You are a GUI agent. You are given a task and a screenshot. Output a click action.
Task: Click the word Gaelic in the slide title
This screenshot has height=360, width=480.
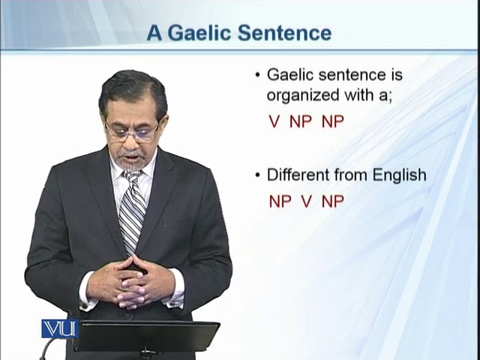tap(199, 33)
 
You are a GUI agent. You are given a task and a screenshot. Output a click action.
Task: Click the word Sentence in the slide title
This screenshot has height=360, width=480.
tap(284, 33)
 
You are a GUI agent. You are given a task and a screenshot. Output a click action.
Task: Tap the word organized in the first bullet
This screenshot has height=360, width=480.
tap(303, 96)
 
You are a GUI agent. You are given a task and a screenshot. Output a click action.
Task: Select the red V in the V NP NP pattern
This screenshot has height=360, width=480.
tap(274, 121)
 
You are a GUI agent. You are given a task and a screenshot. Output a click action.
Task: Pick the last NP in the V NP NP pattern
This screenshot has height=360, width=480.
tap(333, 121)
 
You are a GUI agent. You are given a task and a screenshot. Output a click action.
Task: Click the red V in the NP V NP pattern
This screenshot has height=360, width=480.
tap(307, 202)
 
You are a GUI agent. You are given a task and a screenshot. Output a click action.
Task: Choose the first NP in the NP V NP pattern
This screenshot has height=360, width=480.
tap(280, 202)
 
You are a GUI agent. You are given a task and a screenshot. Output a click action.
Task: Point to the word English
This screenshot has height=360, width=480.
tap(400, 175)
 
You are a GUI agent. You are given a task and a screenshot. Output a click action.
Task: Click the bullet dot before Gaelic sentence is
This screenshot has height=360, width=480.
tap(257, 75)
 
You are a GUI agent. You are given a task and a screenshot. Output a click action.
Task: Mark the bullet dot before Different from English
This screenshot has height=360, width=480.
tap(257, 175)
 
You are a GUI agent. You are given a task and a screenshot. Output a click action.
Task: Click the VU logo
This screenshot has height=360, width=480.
tap(60, 328)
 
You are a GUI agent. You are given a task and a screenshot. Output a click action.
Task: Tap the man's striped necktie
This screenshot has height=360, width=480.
tap(132, 211)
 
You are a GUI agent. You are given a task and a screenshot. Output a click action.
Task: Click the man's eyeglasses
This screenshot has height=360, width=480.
tap(132, 132)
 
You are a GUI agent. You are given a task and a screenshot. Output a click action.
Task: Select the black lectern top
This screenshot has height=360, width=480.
tap(147, 336)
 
